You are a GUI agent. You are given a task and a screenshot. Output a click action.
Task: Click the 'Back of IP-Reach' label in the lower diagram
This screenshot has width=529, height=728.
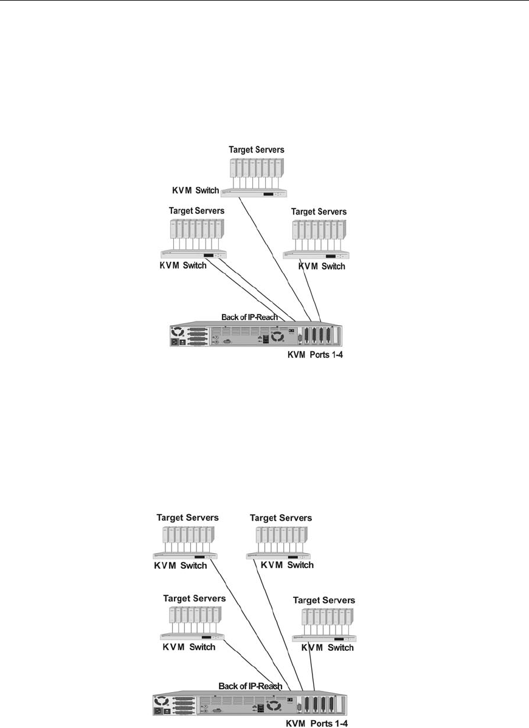[250, 686]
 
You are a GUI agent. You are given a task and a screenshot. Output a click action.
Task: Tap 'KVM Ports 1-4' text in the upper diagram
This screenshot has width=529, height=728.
[320, 354]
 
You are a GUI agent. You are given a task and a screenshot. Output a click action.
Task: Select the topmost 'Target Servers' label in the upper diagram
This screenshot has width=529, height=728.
[257, 149]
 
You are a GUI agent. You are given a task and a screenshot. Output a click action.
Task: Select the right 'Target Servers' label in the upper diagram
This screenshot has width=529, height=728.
[319, 211]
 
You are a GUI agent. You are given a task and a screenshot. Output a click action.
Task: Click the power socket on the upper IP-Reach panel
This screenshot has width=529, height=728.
[178, 343]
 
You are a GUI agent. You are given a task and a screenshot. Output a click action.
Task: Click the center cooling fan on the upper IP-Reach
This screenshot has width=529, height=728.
[277, 337]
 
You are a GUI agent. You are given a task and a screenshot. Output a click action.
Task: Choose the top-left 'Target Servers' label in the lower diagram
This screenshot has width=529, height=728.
[188, 518]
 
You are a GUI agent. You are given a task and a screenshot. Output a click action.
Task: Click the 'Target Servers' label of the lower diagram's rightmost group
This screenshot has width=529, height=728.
[323, 600]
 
